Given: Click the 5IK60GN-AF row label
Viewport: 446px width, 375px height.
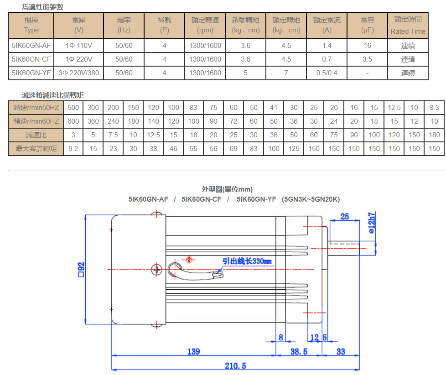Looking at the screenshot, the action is [x=31, y=46].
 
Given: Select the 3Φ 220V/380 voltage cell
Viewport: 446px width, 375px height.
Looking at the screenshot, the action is [x=79, y=73].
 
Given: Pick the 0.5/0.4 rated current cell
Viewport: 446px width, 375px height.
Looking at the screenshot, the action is [x=327, y=73].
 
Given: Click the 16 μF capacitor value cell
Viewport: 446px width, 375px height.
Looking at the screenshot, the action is [x=367, y=46].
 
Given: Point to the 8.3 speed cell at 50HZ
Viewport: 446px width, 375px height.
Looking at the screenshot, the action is [x=434, y=108].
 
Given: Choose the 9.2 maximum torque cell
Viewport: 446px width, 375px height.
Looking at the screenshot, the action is [x=73, y=149].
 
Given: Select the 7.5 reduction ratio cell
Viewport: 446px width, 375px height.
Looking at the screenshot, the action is [x=113, y=135].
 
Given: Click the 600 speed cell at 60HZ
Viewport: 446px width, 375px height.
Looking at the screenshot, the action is [x=73, y=121].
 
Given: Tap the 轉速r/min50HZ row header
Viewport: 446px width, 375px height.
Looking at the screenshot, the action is [x=36, y=108].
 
